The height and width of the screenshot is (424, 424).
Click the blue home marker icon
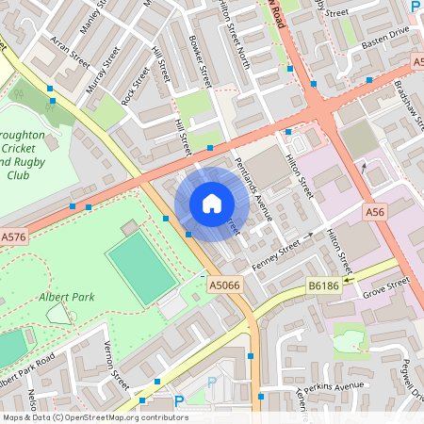tap(211, 204)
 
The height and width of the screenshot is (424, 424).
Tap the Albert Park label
tap(67, 297)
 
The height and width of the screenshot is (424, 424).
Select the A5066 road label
tap(223, 284)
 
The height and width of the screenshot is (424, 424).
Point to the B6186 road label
tap(322, 284)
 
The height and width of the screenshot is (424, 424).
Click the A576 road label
tap(13, 237)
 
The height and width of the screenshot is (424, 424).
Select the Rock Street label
tap(135, 84)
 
